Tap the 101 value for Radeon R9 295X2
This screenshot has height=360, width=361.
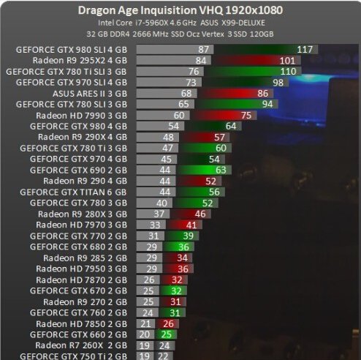coord(287,60)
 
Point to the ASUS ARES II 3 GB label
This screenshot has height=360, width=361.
coord(93,94)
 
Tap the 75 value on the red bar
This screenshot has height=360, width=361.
coord(245,116)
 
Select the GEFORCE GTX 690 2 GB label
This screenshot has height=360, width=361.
coord(80,170)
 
